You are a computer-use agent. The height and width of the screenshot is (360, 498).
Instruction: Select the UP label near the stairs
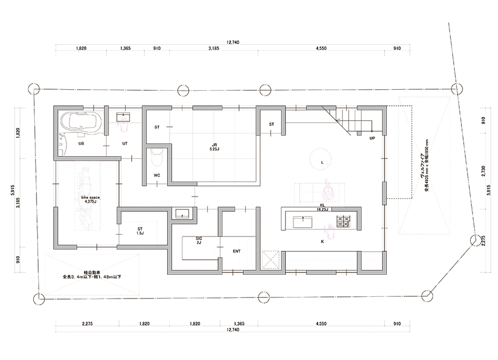(x=372, y=138)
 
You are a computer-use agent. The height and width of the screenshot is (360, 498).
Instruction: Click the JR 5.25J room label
(x=214, y=147)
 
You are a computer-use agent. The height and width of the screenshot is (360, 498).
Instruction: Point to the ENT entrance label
(x=237, y=251)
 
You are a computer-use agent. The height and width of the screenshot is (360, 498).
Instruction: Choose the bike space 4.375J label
(x=91, y=199)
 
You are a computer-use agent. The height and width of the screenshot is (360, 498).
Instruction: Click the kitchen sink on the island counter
(x=302, y=222)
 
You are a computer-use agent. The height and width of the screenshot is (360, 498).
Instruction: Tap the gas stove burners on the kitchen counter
(x=344, y=222)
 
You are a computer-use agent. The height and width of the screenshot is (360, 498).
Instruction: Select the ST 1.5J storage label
(x=140, y=231)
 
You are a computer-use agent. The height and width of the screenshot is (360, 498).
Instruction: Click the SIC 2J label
(x=199, y=240)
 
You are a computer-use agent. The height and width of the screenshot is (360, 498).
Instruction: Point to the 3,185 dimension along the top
(x=214, y=48)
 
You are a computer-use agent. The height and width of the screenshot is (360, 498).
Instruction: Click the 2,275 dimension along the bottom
(x=87, y=324)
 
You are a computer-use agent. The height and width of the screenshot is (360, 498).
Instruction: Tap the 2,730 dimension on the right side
(x=483, y=172)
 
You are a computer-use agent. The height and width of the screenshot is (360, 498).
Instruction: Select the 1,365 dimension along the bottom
(x=239, y=324)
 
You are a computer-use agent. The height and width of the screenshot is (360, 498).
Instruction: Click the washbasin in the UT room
(x=123, y=117)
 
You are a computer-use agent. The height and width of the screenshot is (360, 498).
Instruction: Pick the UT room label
(x=125, y=143)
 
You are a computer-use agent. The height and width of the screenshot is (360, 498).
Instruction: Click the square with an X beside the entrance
(x=271, y=260)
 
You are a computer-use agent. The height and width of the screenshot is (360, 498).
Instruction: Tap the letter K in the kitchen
(x=323, y=241)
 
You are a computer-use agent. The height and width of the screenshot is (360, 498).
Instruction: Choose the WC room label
(x=157, y=175)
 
